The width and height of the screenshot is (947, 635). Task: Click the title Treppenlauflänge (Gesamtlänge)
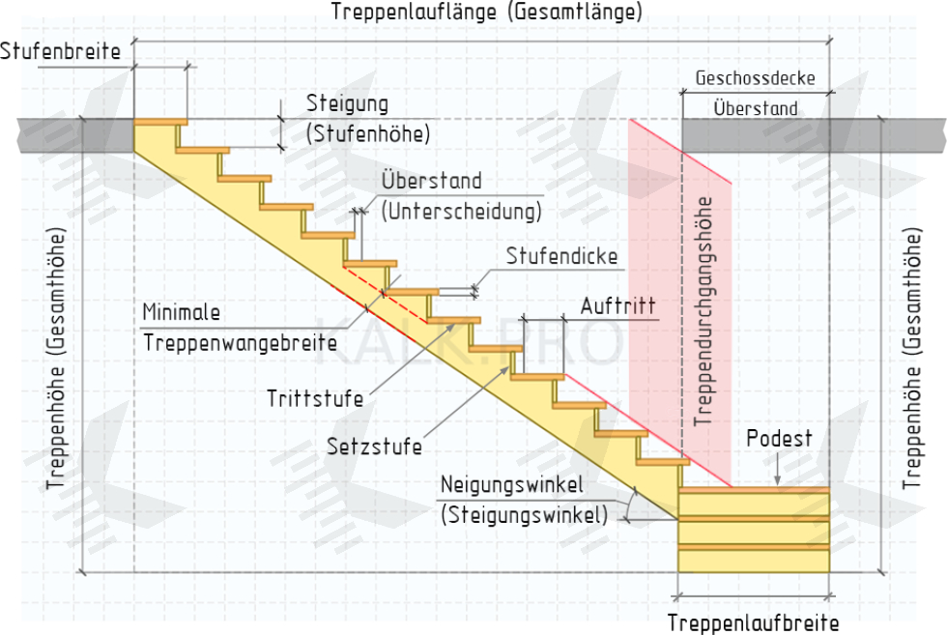[x=486, y=13]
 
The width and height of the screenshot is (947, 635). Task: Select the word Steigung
[x=347, y=103]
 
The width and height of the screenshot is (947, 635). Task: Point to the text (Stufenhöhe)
[x=367, y=133]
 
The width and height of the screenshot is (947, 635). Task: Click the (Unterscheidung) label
[x=461, y=210]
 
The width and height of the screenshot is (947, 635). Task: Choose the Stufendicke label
[x=561, y=258]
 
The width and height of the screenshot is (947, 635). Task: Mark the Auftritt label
[x=617, y=305]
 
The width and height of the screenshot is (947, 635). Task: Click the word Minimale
[x=182, y=313]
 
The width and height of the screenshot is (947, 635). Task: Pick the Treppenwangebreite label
[x=240, y=341]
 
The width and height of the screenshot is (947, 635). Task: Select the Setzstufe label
[x=374, y=447]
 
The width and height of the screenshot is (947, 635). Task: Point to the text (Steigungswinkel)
[x=525, y=515]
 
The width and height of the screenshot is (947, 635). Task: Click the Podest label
[x=779, y=440]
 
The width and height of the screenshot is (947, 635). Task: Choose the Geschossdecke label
[x=755, y=78]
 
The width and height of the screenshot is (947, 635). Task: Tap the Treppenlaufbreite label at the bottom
[x=753, y=622]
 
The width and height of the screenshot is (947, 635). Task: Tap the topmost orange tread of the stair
[x=160, y=122]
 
